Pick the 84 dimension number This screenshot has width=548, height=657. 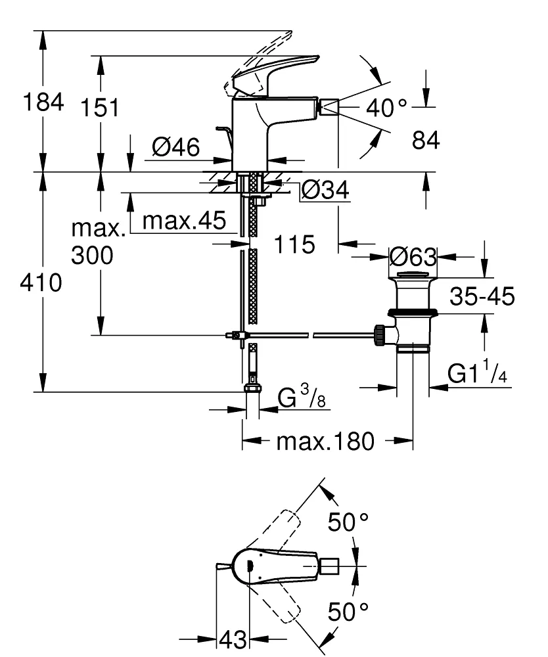pos(425,140)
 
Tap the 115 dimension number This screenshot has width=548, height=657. pos(294,245)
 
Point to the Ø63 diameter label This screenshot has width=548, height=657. pos(413,256)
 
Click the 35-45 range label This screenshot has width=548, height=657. pos(482,297)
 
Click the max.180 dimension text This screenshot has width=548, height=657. pos(325,442)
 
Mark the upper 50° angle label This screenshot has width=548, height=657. pos(348,523)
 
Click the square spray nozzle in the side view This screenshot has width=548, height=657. pos(328,106)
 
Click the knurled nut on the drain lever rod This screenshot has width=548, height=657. pos(379,334)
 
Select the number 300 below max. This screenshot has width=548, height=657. pos(92,256)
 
